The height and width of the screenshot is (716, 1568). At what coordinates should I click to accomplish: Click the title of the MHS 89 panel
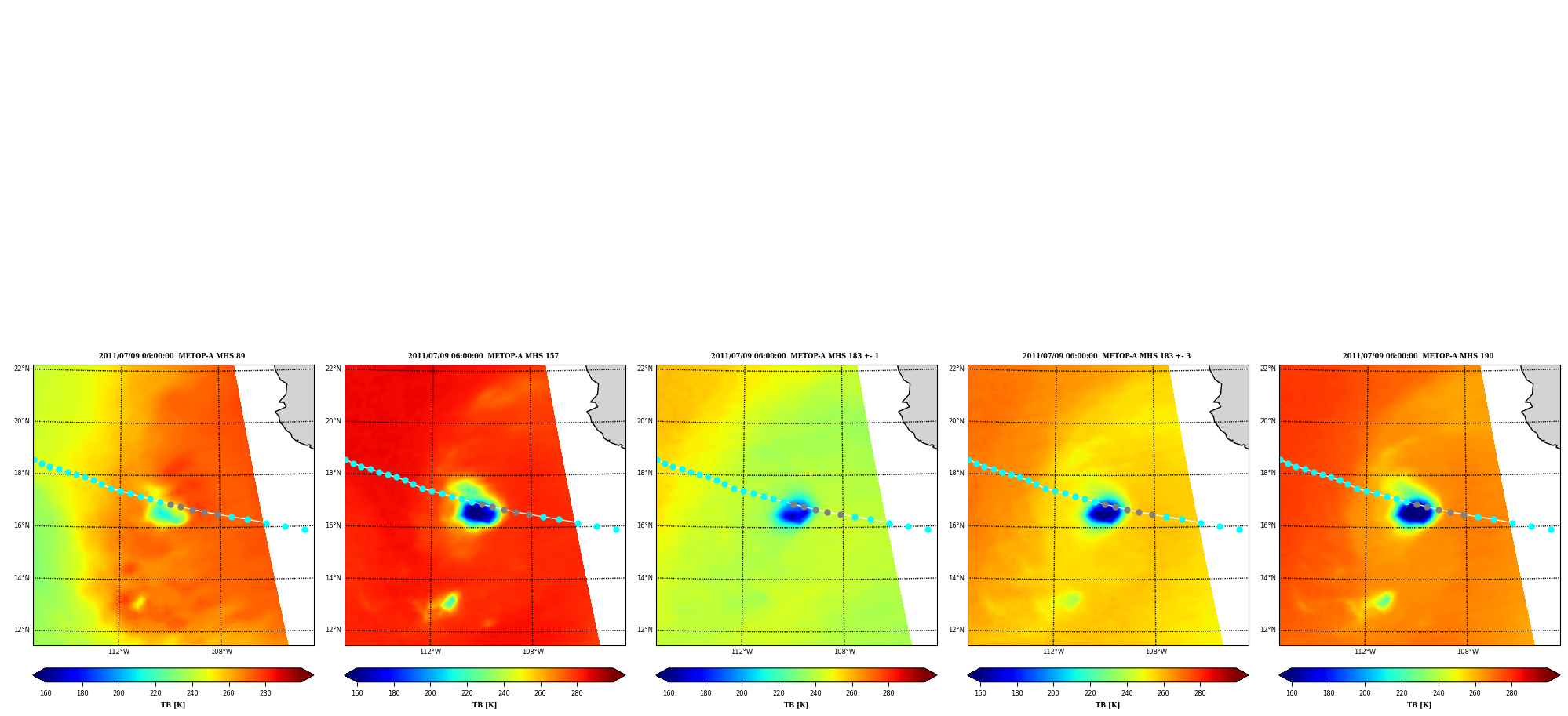(172, 356)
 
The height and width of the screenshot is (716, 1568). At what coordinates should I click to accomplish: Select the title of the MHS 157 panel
(483, 356)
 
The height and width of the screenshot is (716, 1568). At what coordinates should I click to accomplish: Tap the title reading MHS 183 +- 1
(795, 356)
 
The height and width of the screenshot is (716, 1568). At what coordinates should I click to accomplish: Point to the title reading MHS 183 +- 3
(1107, 356)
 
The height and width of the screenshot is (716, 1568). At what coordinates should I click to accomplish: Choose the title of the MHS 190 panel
(1418, 356)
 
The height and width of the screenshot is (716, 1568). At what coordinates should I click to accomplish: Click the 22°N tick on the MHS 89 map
(22, 369)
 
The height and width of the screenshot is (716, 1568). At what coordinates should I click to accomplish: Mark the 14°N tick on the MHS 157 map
(334, 578)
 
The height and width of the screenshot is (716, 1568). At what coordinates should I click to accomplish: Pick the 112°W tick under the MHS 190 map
(1365, 652)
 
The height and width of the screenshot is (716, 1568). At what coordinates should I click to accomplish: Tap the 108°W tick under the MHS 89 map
(221, 652)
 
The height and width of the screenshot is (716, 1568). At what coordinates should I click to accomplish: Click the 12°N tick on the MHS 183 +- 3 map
(957, 630)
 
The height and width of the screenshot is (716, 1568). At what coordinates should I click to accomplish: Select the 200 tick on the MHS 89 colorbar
(119, 693)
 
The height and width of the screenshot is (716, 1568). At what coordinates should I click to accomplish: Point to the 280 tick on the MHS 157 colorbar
(577, 693)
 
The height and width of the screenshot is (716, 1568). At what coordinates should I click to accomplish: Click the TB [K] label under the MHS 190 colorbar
(1419, 705)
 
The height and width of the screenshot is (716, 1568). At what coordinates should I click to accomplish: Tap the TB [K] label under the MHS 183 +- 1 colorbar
(796, 705)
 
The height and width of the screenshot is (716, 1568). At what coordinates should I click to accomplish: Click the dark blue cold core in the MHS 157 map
(479, 514)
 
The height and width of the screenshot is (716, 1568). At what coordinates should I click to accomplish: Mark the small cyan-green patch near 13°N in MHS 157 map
(449, 602)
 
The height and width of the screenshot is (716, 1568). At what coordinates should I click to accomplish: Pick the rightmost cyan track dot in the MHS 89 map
(304, 529)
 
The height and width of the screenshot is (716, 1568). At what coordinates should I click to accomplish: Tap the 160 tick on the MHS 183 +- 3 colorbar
(980, 693)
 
